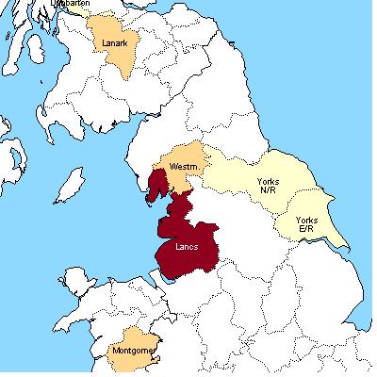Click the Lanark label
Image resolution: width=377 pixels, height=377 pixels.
point(114,41)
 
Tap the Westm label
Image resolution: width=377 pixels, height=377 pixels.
point(183,166)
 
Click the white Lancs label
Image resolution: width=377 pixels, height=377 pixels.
point(188,247)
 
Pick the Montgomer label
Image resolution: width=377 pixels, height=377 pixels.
point(133,350)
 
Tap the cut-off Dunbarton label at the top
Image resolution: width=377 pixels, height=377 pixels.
point(72,4)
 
